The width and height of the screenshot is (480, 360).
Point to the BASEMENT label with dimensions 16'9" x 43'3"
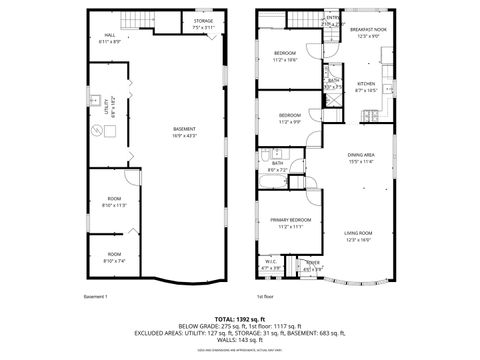point(184,130)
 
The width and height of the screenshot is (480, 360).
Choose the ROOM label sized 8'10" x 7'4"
point(114,256)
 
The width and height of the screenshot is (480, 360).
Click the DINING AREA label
point(361,156)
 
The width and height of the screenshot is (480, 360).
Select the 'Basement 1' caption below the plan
point(96,296)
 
